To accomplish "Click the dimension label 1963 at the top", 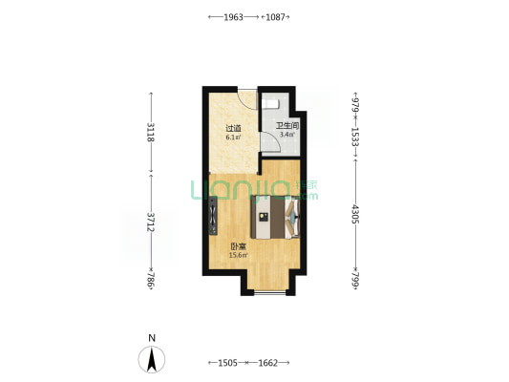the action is (233, 17).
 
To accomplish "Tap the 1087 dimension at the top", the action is (275, 17).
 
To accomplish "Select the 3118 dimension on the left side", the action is (151, 132).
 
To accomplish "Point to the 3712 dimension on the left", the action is (151, 222).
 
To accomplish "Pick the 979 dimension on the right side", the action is (356, 104).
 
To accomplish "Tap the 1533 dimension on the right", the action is (356, 137).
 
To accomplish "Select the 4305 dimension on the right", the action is (356, 214).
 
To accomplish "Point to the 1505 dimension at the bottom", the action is (227, 363).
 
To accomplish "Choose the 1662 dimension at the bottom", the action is (267, 363).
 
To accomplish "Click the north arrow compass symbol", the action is (152, 359).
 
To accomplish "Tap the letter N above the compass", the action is (152, 338).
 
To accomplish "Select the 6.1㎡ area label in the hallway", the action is (233, 137).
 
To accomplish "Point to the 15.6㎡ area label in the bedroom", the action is (239, 255).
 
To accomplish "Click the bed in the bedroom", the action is (275, 217).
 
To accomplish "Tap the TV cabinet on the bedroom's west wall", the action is (213, 216).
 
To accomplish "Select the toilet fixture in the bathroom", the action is (270, 103).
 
